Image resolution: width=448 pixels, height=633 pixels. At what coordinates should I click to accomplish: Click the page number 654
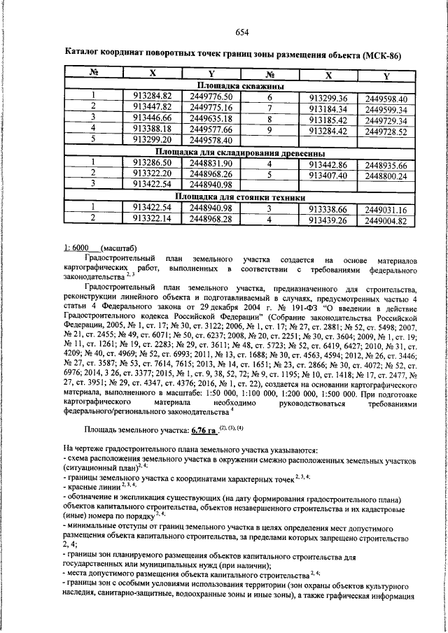point(242,31)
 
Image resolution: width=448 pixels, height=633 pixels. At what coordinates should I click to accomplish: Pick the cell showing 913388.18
point(152,129)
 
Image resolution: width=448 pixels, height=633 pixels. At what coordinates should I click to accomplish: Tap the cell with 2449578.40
point(211,140)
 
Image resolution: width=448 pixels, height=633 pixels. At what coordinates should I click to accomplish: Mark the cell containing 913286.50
point(152,162)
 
